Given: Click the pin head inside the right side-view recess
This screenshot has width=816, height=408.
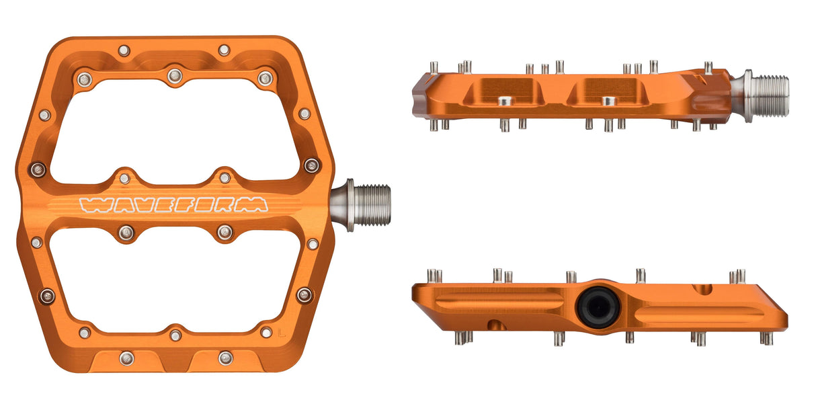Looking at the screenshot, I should coord(608,101).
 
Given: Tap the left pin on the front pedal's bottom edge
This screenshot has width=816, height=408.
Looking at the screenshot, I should coord(126,358).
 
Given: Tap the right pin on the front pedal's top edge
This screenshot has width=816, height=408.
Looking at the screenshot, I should coord(224,50).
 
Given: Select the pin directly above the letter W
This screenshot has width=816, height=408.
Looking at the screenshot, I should coord(124,178).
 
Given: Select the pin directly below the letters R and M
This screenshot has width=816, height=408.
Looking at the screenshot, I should coord(225,233).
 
